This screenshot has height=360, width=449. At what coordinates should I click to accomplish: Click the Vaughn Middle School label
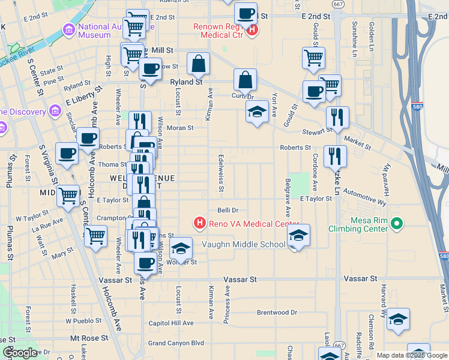point(252,244)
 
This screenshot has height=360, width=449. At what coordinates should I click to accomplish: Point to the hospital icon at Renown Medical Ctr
point(253,29)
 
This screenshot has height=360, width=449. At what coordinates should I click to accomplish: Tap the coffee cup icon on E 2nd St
point(246,13)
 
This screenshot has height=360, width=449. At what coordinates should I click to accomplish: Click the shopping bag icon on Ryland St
point(198,63)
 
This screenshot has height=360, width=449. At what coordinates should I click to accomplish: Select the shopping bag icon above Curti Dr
point(245,79)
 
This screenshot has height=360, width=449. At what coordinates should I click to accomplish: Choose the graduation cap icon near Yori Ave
point(258,112)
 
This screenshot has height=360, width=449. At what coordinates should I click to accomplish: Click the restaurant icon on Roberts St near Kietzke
point(335,156)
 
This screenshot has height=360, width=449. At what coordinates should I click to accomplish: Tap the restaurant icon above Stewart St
point(337,118)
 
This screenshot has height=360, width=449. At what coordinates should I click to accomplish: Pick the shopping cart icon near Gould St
point(313,58)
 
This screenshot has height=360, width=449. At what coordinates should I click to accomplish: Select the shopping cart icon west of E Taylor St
point(68,195)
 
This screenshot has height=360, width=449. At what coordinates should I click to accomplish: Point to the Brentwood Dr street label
point(277,313)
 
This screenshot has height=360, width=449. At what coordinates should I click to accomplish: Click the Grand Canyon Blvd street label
point(176,343)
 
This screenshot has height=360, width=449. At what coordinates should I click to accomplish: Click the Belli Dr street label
point(228,210)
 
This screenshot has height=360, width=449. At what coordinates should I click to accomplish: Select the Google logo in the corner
point(20,353)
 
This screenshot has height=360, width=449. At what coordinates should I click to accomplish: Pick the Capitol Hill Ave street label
point(172,323)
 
